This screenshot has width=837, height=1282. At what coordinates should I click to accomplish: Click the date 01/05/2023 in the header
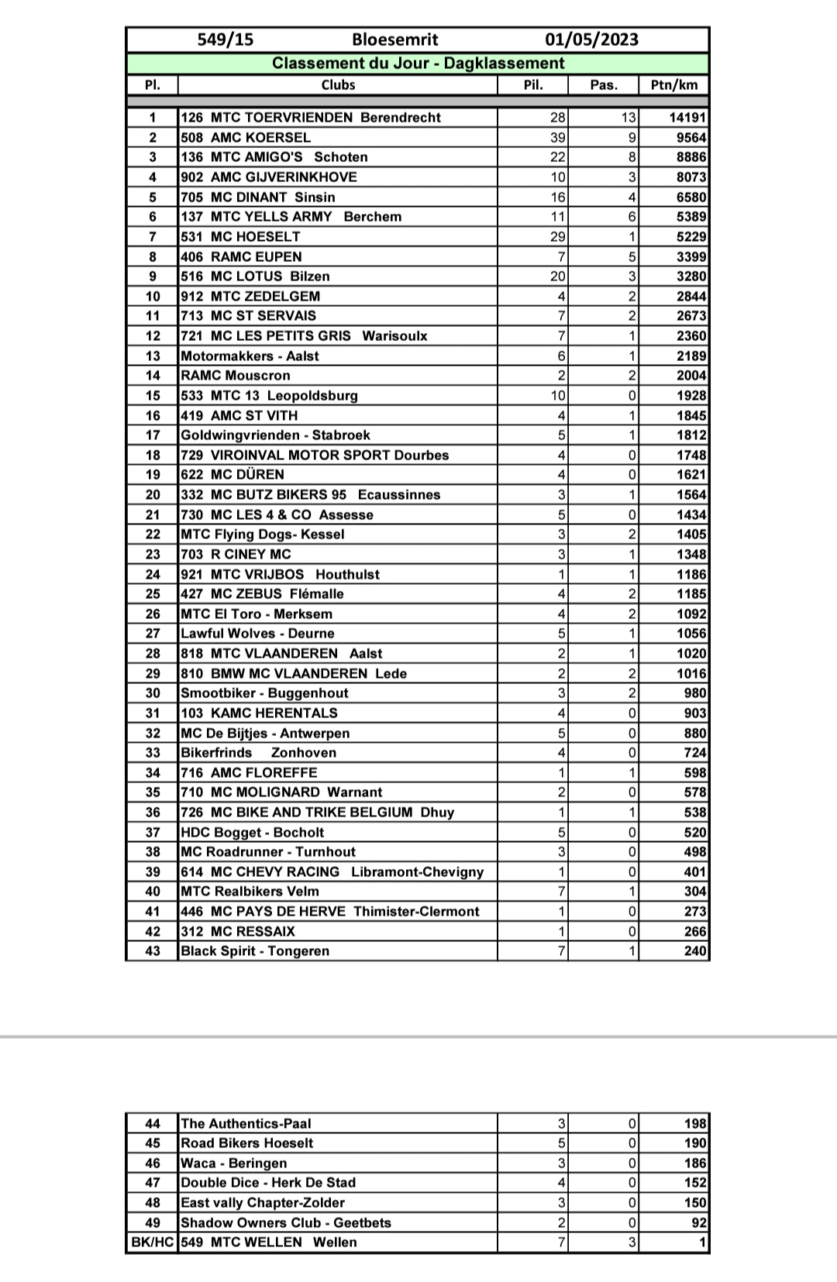[591, 40]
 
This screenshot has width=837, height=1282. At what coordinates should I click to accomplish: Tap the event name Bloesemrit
[394, 40]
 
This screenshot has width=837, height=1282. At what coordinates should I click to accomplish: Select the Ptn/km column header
[673, 84]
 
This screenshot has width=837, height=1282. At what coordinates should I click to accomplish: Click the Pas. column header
[603, 84]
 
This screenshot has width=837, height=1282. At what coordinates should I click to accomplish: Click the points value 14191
[687, 118]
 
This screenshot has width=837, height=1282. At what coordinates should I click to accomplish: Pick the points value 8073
[691, 177]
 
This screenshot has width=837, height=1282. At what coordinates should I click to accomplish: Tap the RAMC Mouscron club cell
[236, 376]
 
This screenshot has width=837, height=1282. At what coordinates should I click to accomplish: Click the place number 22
[153, 534]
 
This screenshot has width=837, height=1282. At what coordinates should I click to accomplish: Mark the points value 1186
[691, 574]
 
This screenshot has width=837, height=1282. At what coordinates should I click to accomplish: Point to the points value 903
[695, 713]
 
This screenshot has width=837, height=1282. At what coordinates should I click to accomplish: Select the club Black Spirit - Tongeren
[255, 951]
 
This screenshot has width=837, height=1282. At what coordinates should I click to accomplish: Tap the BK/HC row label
[153, 1242]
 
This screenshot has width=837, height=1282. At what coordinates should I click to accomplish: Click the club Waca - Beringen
[234, 1163]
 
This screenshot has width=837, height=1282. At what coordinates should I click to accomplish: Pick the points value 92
[699, 1223]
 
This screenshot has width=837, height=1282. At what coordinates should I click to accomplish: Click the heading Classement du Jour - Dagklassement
[418, 64]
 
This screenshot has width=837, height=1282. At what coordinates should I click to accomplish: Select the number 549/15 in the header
[225, 40]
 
